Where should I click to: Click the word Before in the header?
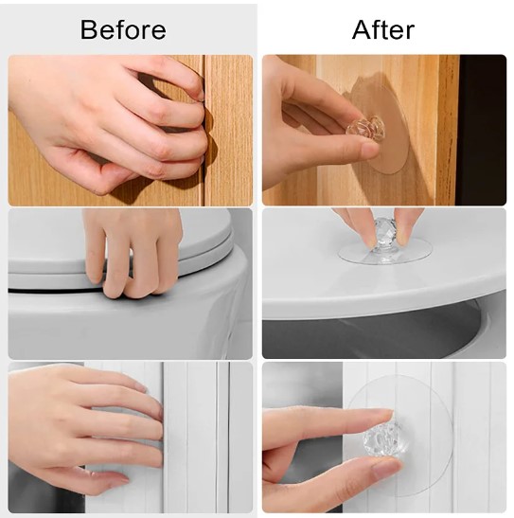pyautogui.click(x=122, y=30)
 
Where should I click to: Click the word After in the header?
pyautogui.click(x=382, y=30)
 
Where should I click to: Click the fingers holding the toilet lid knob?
pyautogui.click(x=379, y=222)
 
